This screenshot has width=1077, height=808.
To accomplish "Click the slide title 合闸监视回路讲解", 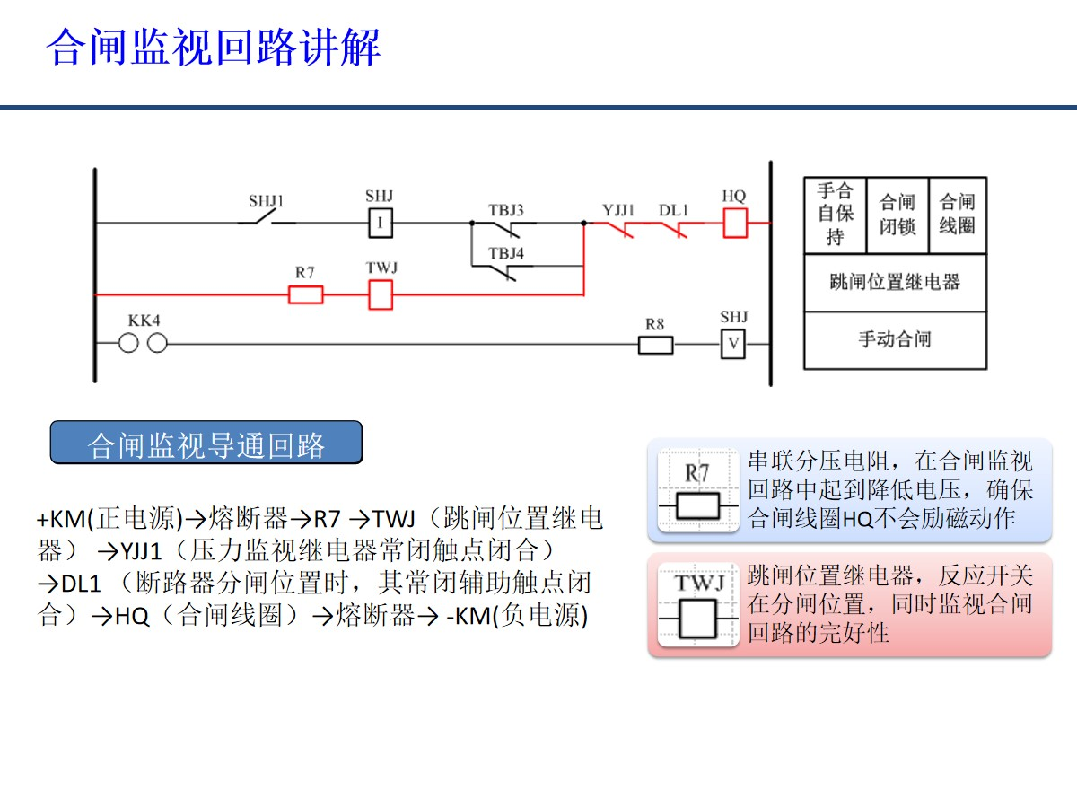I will pyautogui.click(x=214, y=47).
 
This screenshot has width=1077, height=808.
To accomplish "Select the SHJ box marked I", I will pyautogui.click(x=380, y=222).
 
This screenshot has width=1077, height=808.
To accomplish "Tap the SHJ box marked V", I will pyautogui.click(x=733, y=344).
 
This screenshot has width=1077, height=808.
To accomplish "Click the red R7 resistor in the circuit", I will pyautogui.click(x=305, y=294).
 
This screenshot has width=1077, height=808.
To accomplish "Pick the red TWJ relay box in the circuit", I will pyautogui.click(x=381, y=294).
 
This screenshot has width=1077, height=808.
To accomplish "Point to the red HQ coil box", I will pyautogui.click(x=735, y=223).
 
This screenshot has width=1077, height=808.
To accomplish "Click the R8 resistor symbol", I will pyautogui.click(x=655, y=344).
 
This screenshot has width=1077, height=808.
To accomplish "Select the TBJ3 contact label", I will pyautogui.click(x=506, y=210).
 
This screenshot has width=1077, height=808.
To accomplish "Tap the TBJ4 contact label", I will pyautogui.click(x=506, y=253).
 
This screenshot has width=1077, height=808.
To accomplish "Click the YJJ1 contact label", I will pyautogui.click(x=618, y=210).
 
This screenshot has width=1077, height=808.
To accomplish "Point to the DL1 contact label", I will pyautogui.click(x=673, y=210).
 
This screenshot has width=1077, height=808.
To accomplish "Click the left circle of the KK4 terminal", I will pyautogui.click(x=129, y=343).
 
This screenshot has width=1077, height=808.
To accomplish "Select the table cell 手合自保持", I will pyautogui.click(x=835, y=215).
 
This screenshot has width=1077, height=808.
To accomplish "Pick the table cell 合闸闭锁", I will pyautogui.click(x=897, y=215).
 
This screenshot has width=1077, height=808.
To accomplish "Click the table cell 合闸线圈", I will pyautogui.click(x=957, y=215).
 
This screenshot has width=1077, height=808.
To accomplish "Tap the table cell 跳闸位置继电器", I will pyautogui.click(x=895, y=282).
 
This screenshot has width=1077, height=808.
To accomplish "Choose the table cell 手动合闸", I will pyautogui.click(x=895, y=339).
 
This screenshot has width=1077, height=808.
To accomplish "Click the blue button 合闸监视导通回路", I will pyautogui.click(x=206, y=444).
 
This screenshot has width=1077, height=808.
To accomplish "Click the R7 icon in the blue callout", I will pyautogui.click(x=697, y=492).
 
